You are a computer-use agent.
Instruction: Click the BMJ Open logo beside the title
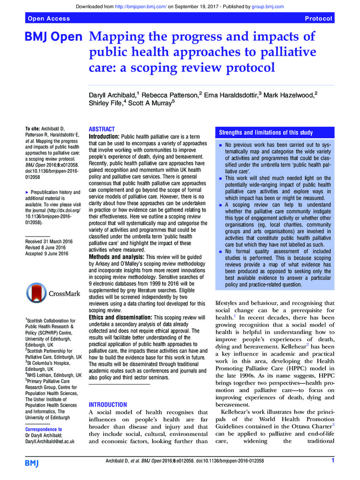[54, 37]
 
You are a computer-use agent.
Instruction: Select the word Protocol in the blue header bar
[318, 19]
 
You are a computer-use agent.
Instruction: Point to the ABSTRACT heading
[102, 130]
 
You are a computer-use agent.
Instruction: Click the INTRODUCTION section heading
[108, 405]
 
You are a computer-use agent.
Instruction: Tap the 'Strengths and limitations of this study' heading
[266, 132]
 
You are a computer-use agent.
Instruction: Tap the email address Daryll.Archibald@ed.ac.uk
[50, 441]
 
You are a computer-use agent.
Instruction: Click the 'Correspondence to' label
[43, 429]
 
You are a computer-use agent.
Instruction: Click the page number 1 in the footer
[333, 461]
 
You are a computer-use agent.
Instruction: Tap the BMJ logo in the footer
[33, 462]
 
